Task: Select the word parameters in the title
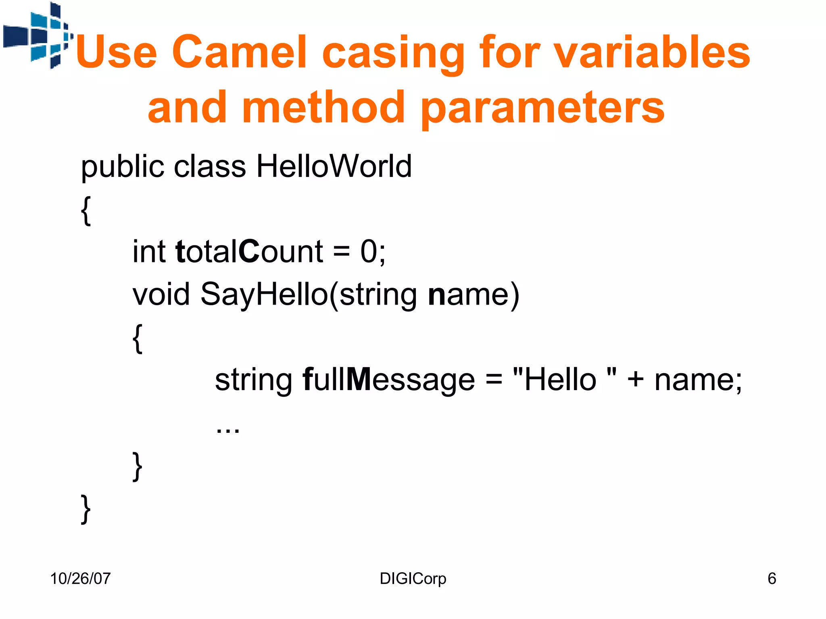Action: [x=542, y=108]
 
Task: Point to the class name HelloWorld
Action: [x=334, y=166]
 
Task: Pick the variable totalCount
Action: [x=249, y=251]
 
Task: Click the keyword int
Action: [x=149, y=251]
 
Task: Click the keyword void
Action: [x=161, y=294]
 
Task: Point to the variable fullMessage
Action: [x=389, y=380]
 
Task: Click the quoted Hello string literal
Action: [x=565, y=380]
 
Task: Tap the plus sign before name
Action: [x=635, y=380]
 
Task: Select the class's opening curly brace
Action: [x=86, y=210]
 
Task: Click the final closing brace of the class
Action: [x=86, y=509]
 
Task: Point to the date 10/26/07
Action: [x=80, y=579]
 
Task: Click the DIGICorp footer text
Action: [x=413, y=579]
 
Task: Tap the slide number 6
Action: [x=772, y=579]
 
